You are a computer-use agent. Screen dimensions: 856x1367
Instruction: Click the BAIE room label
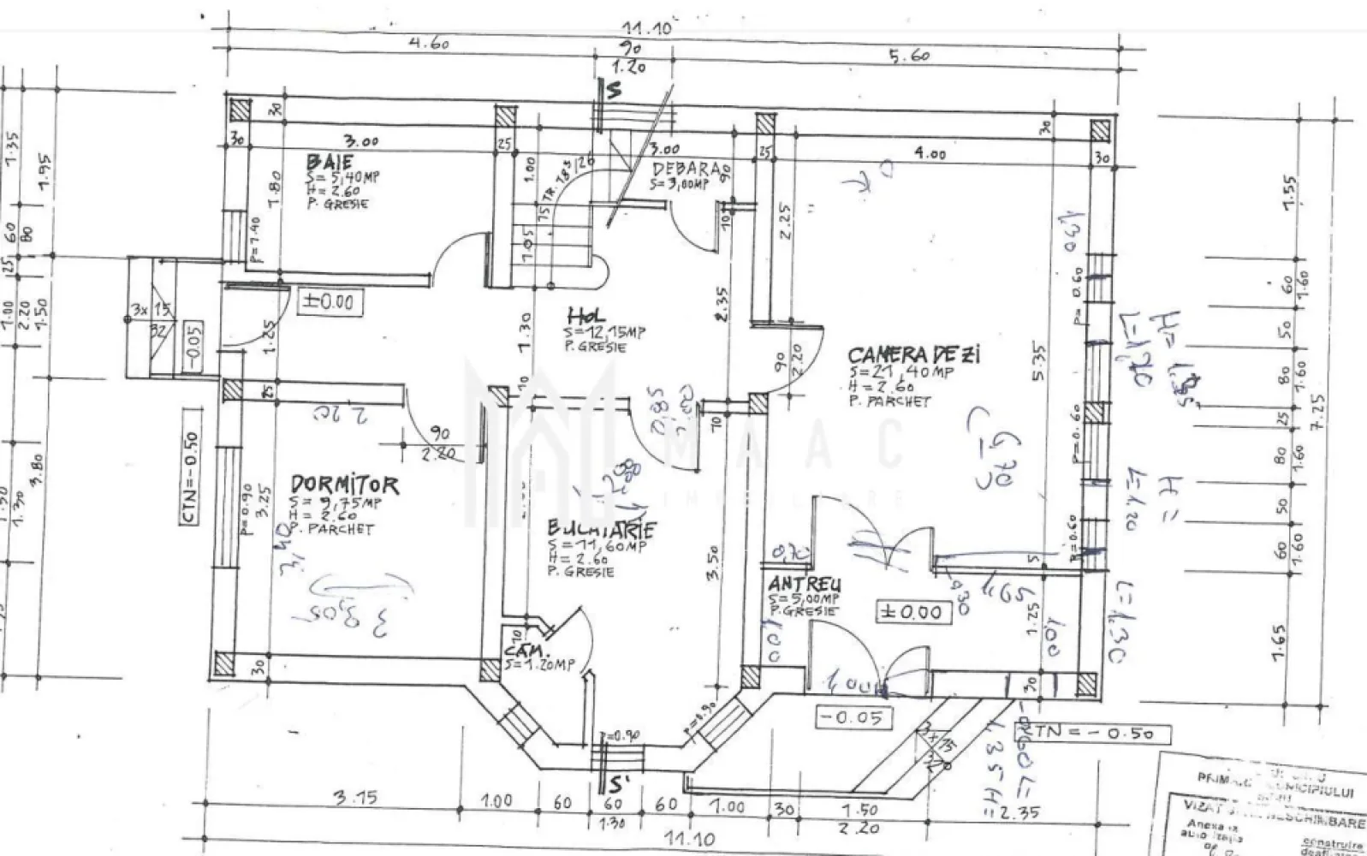330,162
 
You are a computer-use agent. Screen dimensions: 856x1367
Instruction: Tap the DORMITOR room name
344,485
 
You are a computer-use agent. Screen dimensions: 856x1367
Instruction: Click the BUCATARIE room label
590,528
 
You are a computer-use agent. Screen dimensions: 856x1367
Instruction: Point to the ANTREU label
804,584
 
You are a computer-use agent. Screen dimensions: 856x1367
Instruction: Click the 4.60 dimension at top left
429,44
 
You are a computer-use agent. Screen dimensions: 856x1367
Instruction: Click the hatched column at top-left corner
240,110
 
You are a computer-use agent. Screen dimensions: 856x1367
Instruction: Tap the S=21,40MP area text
901,372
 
